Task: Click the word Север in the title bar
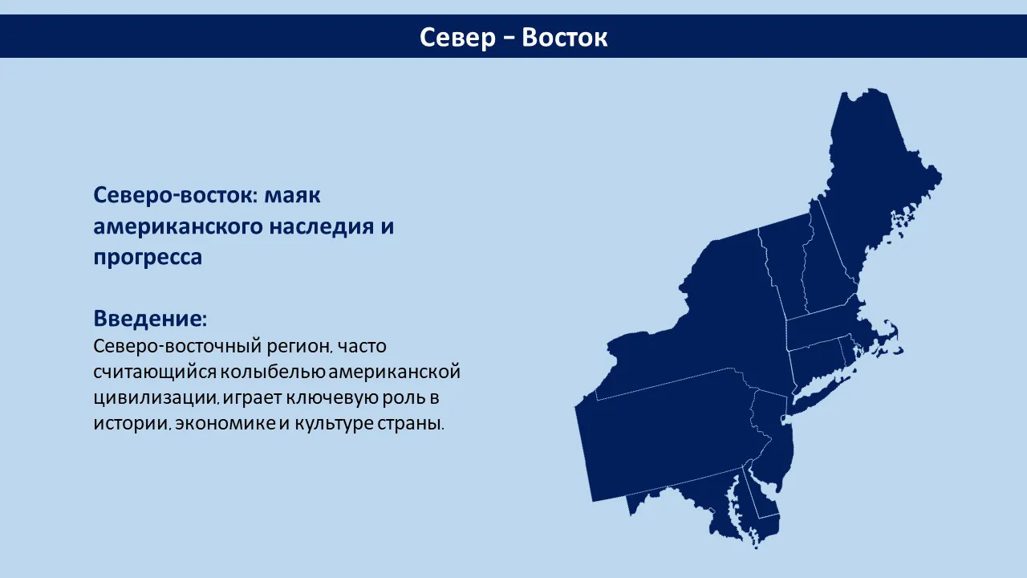457,37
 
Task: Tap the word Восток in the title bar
564,37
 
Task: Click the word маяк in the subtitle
293,195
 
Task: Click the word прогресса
148,258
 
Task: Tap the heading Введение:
150,318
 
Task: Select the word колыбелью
272,372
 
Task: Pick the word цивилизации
156,397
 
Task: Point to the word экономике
225,423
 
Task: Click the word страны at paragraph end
410,423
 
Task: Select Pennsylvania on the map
669,436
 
